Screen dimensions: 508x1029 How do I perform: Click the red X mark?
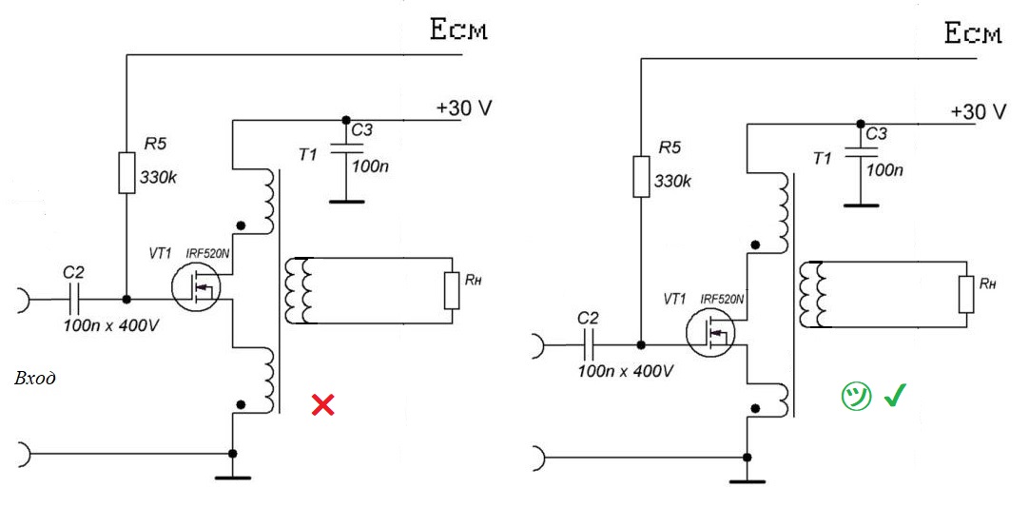click(x=323, y=405)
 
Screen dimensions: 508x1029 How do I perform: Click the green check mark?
click(x=894, y=396)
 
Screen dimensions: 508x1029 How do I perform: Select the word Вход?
click(x=35, y=379)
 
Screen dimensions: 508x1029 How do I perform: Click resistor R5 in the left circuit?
click(x=126, y=172)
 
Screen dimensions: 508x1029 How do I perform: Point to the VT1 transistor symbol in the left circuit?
click(x=198, y=284)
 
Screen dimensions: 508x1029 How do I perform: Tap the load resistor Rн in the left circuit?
click(x=452, y=290)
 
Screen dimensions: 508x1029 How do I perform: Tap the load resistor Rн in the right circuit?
click(x=966, y=294)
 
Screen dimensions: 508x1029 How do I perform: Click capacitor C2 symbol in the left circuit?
click(x=75, y=298)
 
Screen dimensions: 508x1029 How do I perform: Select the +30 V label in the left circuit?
click(x=464, y=107)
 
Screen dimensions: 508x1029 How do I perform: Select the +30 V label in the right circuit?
click(x=979, y=111)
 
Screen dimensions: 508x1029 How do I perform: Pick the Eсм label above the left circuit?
click(x=458, y=31)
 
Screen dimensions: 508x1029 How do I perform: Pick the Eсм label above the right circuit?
click(x=973, y=35)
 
